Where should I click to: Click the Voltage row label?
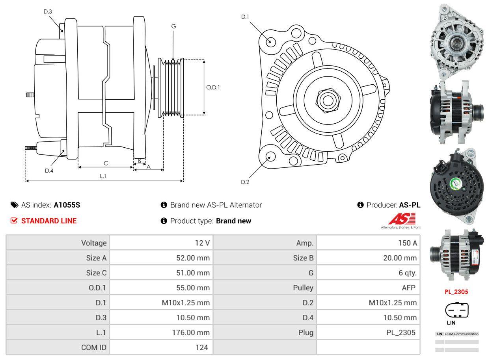click(x=94, y=243)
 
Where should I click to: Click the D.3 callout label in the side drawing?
click(x=48, y=11)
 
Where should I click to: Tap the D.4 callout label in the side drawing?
click(x=49, y=171)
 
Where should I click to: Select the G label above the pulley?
click(x=173, y=26)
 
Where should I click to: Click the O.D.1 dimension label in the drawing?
click(x=213, y=87)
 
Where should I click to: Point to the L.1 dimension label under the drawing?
click(x=103, y=176)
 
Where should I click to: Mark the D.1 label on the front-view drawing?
click(x=245, y=17)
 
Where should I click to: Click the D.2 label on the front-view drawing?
click(x=245, y=182)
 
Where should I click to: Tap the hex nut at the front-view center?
click(x=327, y=99)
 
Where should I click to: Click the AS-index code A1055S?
click(x=67, y=205)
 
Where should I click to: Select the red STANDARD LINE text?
click(x=49, y=221)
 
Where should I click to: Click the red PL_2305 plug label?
click(x=456, y=292)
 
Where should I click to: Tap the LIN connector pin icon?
click(x=456, y=310)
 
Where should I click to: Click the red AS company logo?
click(x=402, y=219)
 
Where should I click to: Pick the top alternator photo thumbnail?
click(x=457, y=41)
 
